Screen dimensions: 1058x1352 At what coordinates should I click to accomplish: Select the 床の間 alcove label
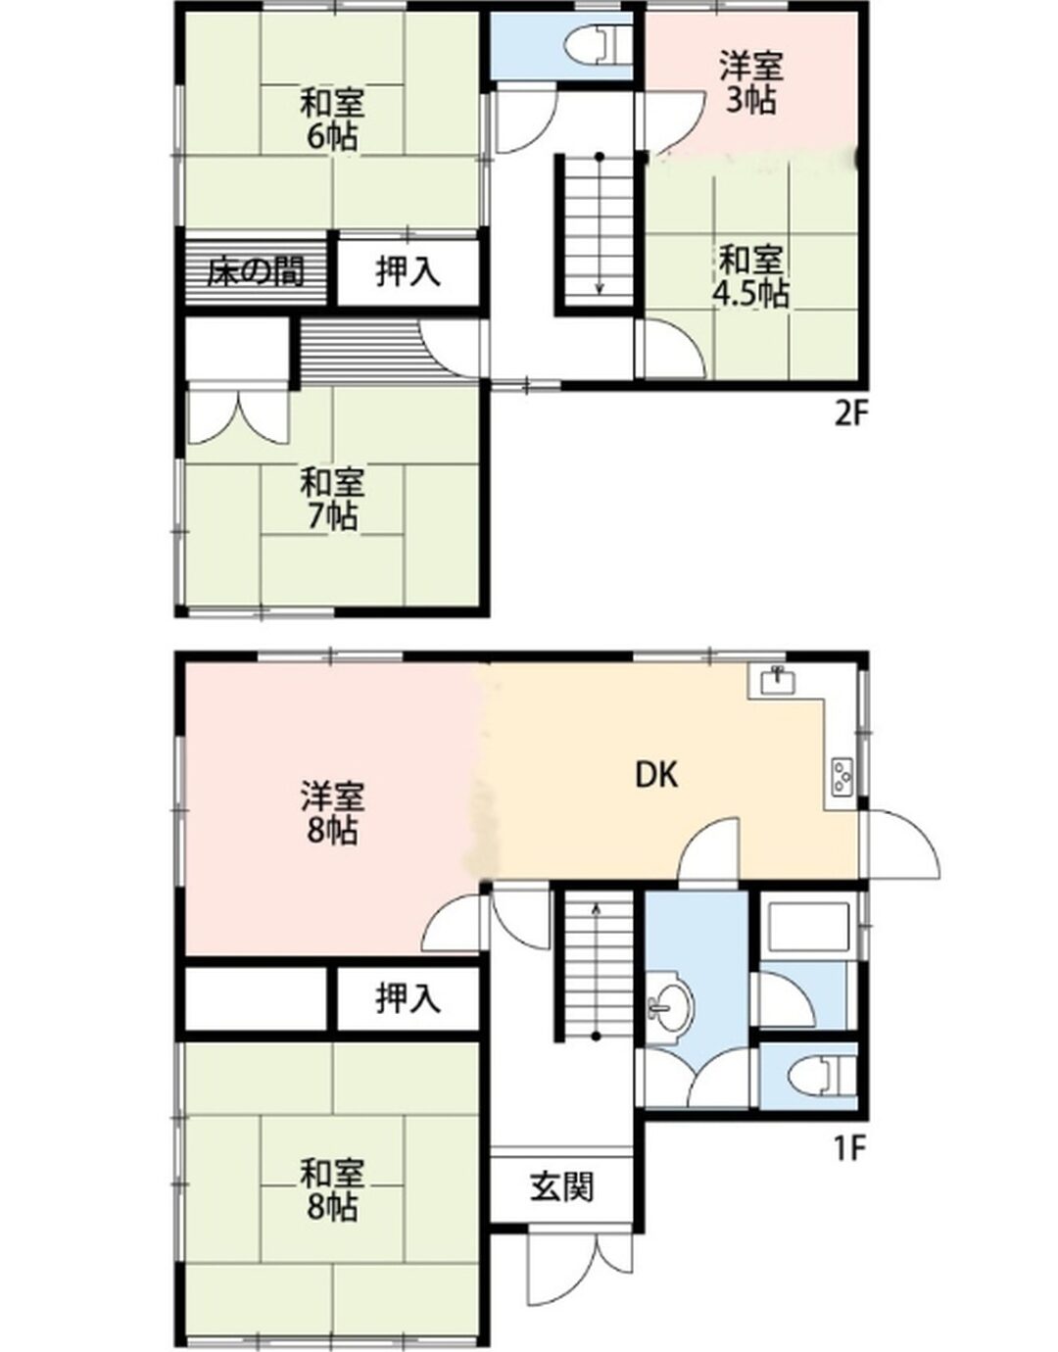click(256, 272)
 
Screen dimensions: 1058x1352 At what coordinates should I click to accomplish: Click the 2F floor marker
click(850, 414)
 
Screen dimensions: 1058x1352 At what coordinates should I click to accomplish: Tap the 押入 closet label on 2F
click(409, 272)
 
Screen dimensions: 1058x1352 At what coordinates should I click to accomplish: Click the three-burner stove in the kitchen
click(842, 777)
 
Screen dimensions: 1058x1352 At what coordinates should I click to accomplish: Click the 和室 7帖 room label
click(330, 499)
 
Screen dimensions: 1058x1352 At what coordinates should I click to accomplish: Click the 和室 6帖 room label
click(330, 119)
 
